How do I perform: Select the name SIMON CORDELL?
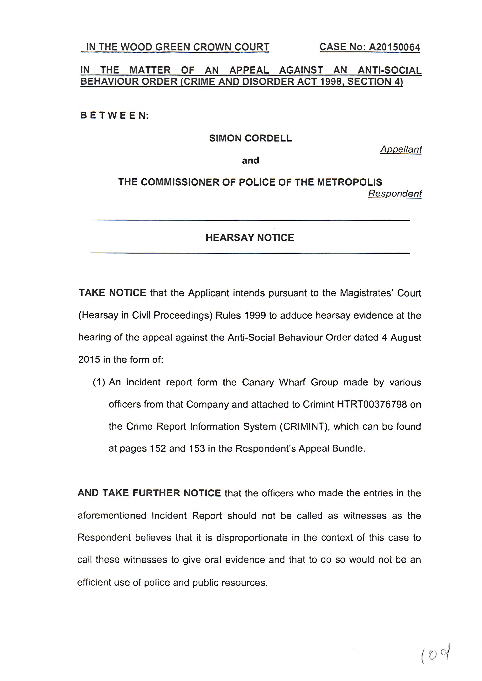coord(250,138)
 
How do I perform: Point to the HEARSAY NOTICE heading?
coord(250,238)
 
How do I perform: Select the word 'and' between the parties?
coord(250,161)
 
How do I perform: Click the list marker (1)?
coord(99,382)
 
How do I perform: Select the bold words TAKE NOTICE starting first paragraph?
coord(112,293)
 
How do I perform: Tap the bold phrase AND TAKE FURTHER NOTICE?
coord(149,493)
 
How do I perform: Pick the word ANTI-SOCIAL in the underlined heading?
coord(389,70)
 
